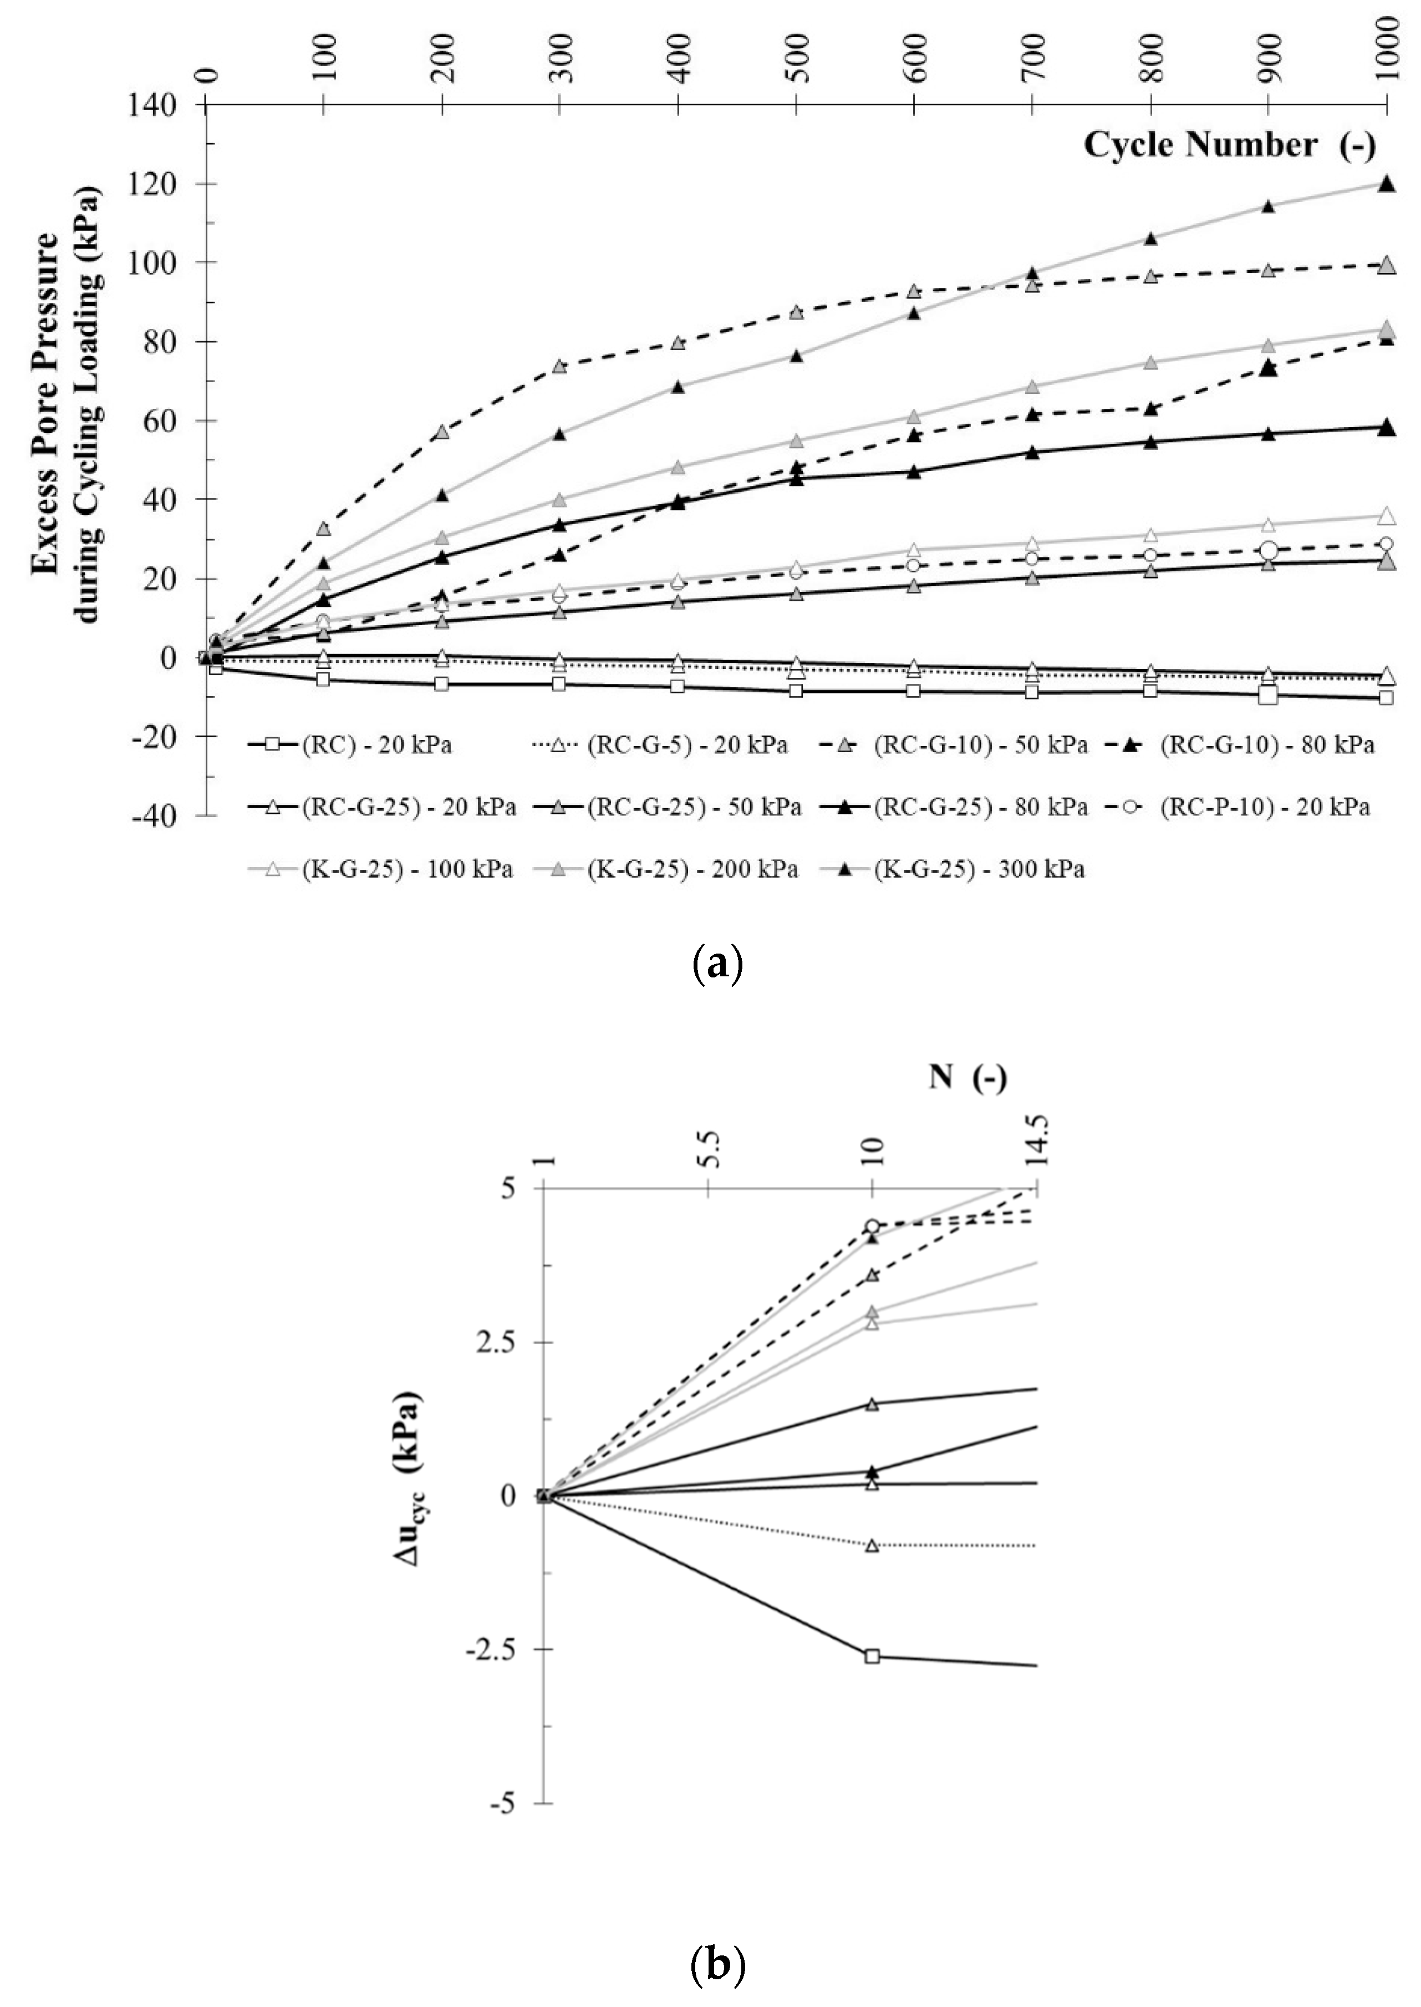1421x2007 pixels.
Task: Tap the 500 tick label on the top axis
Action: (796, 59)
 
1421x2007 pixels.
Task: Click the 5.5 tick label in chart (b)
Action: (709, 1148)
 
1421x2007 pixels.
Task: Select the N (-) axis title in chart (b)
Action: (967, 1077)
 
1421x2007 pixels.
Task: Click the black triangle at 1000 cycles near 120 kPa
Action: (1386, 184)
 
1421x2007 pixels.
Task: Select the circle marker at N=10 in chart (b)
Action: (872, 1226)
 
